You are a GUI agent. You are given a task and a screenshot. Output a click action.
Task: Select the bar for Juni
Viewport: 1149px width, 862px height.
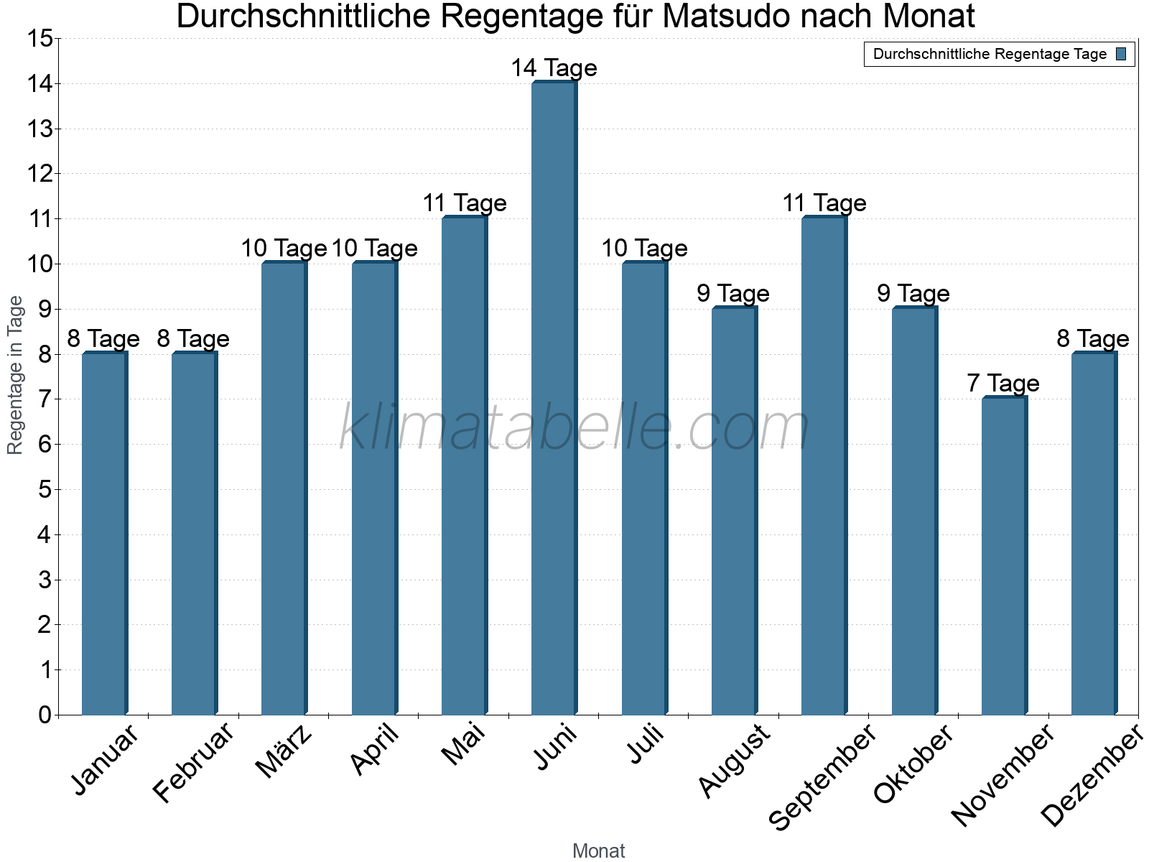click(554, 399)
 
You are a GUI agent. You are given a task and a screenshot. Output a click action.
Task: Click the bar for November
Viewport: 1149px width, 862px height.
click(1004, 556)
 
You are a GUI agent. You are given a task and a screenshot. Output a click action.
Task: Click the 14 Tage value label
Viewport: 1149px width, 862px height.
click(554, 68)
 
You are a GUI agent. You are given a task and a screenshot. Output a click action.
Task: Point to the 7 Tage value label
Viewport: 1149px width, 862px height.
click(1003, 384)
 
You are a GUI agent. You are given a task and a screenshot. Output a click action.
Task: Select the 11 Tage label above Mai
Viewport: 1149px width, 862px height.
click(465, 203)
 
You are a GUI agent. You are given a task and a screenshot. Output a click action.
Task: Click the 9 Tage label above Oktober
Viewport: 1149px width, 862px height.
click(913, 294)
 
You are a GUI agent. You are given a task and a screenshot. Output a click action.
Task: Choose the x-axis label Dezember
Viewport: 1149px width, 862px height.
click(1092, 776)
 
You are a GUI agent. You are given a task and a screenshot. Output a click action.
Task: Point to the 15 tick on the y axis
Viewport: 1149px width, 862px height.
click(40, 39)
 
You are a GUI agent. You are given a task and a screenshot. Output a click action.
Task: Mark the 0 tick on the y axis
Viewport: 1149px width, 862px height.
click(45, 715)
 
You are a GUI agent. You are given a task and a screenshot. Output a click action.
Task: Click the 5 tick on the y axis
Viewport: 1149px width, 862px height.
click(45, 490)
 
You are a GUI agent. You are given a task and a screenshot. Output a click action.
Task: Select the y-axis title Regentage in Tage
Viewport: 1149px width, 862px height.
click(15, 375)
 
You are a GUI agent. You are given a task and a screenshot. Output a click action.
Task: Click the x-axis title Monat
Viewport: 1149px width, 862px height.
click(598, 851)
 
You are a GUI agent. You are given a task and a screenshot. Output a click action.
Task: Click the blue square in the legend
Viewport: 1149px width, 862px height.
click(1121, 54)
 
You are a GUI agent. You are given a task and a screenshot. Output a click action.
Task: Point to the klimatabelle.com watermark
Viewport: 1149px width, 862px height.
click(574, 428)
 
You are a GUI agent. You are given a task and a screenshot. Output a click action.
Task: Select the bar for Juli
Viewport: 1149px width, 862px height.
click(644, 488)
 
